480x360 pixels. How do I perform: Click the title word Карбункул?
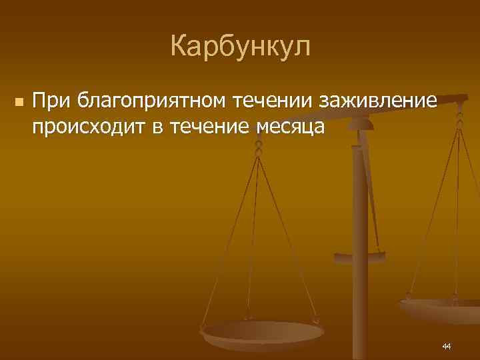(x=240, y=47)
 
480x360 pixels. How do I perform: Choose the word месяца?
(x=290, y=127)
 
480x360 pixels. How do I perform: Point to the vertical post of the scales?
(x=361, y=200)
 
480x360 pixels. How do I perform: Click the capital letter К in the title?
(x=179, y=47)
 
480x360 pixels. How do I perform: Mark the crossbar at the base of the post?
(x=360, y=255)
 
